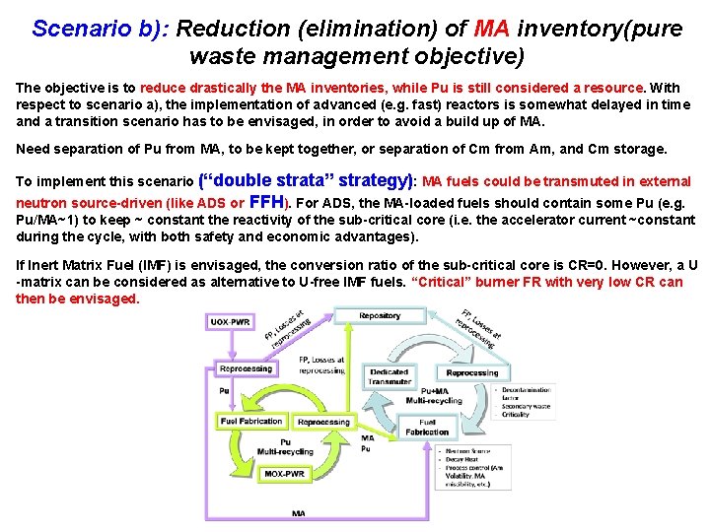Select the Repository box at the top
pyautogui.click(x=380, y=316)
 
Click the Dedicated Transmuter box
pyautogui.click(x=390, y=376)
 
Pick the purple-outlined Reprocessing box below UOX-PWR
pyautogui.click(x=247, y=368)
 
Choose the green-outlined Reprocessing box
pyautogui.click(x=323, y=422)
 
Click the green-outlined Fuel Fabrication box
pyautogui.click(x=251, y=422)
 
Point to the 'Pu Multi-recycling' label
pyautogui.click(x=285, y=447)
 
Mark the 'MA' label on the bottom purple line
pyautogui.click(x=298, y=513)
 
